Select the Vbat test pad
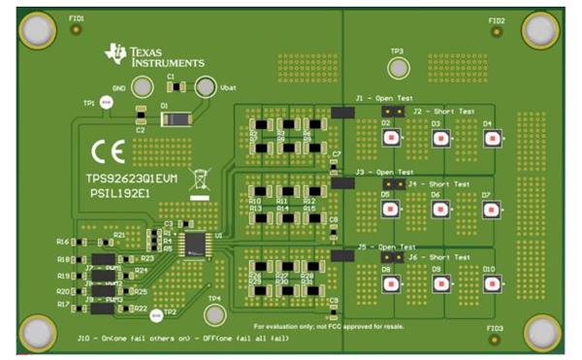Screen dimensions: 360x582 click(x=205, y=86)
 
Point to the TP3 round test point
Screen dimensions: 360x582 click(x=397, y=68)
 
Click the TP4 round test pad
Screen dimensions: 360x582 click(x=214, y=313)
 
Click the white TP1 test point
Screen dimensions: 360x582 click(x=107, y=102)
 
